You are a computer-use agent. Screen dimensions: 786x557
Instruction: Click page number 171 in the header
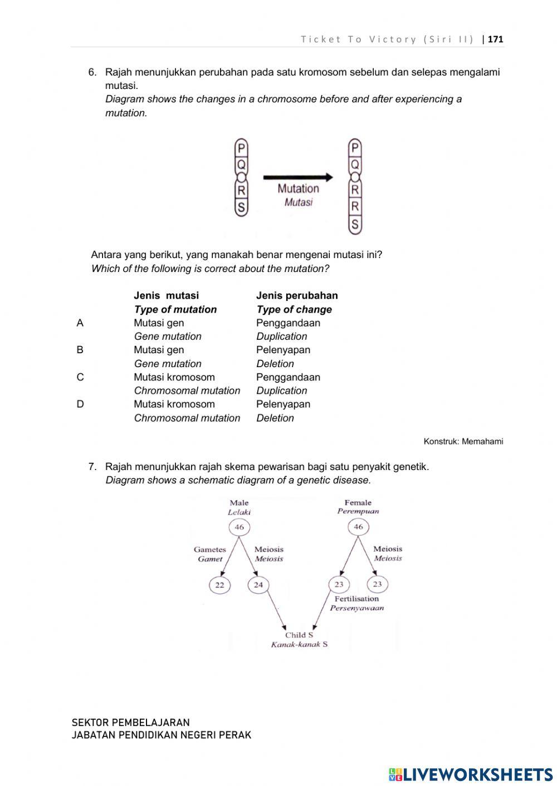(x=495, y=39)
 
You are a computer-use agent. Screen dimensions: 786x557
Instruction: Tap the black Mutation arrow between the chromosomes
(x=298, y=177)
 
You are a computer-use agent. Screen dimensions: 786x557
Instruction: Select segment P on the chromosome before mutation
(x=241, y=149)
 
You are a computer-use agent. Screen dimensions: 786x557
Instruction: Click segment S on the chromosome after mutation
(x=355, y=225)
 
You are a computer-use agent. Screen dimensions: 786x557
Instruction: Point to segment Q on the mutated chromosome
(x=355, y=165)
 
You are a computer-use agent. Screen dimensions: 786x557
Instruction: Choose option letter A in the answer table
(x=80, y=323)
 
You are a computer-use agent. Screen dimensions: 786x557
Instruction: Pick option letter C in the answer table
(x=80, y=377)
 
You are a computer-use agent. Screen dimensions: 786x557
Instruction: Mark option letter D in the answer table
(x=80, y=404)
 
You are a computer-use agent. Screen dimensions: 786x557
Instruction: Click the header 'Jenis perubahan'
(x=297, y=295)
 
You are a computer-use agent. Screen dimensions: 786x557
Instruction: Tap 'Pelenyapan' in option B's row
(x=283, y=350)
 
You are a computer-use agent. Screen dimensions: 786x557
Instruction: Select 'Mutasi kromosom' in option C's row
(x=174, y=377)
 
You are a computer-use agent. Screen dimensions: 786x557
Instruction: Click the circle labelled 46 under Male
(x=239, y=527)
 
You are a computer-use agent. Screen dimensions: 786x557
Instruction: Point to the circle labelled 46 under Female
(x=358, y=527)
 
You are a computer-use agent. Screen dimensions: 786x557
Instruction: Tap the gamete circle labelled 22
(x=219, y=585)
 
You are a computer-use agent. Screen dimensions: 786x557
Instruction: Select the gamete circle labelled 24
(x=258, y=585)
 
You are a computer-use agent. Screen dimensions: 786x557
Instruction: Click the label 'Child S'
(x=299, y=635)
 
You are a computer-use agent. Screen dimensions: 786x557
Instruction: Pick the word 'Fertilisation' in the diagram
(x=356, y=599)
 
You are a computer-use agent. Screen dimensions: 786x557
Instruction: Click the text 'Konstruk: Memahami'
(x=463, y=442)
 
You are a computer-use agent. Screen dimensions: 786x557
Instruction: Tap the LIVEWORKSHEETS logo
(x=471, y=774)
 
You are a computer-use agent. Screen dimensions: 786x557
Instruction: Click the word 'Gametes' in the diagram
(x=210, y=550)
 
